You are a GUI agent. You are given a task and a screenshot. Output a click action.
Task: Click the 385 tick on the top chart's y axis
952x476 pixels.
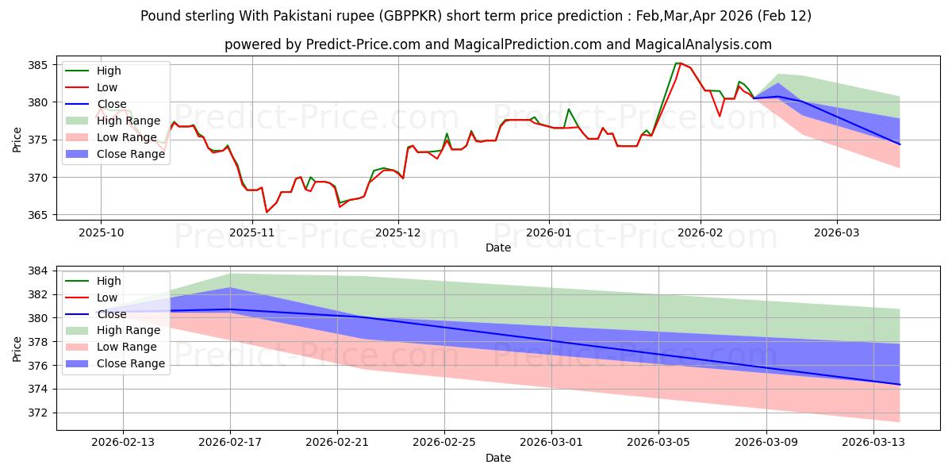(x=40, y=64)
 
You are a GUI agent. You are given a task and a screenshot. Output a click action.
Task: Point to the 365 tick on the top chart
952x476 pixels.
(x=40, y=215)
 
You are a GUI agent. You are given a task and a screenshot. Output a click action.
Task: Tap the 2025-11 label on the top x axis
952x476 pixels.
(x=252, y=232)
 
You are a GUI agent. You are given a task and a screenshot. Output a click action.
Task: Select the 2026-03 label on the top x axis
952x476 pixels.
(x=837, y=232)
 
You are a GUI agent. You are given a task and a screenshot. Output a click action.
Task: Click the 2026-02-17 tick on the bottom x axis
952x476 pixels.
(x=230, y=442)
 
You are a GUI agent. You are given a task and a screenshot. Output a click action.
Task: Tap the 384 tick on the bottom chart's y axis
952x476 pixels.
(x=40, y=271)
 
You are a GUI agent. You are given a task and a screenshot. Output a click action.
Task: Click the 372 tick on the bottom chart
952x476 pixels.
(x=40, y=413)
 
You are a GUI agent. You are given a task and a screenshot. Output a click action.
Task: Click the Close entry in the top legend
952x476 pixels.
(x=111, y=104)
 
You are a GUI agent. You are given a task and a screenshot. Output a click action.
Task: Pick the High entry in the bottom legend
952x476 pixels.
(x=109, y=281)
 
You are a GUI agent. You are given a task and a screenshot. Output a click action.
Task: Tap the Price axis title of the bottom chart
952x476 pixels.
(x=17, y=348)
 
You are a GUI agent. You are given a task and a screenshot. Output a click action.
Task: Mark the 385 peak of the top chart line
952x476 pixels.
(x=678, y=63)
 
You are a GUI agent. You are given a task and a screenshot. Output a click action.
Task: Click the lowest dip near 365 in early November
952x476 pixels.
(x=267, y=213)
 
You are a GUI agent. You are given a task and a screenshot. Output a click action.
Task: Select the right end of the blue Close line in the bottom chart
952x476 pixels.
(x=900, y=385)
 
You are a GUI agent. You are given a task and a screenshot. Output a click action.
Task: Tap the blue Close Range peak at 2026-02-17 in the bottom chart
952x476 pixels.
(x=230, y=288)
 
